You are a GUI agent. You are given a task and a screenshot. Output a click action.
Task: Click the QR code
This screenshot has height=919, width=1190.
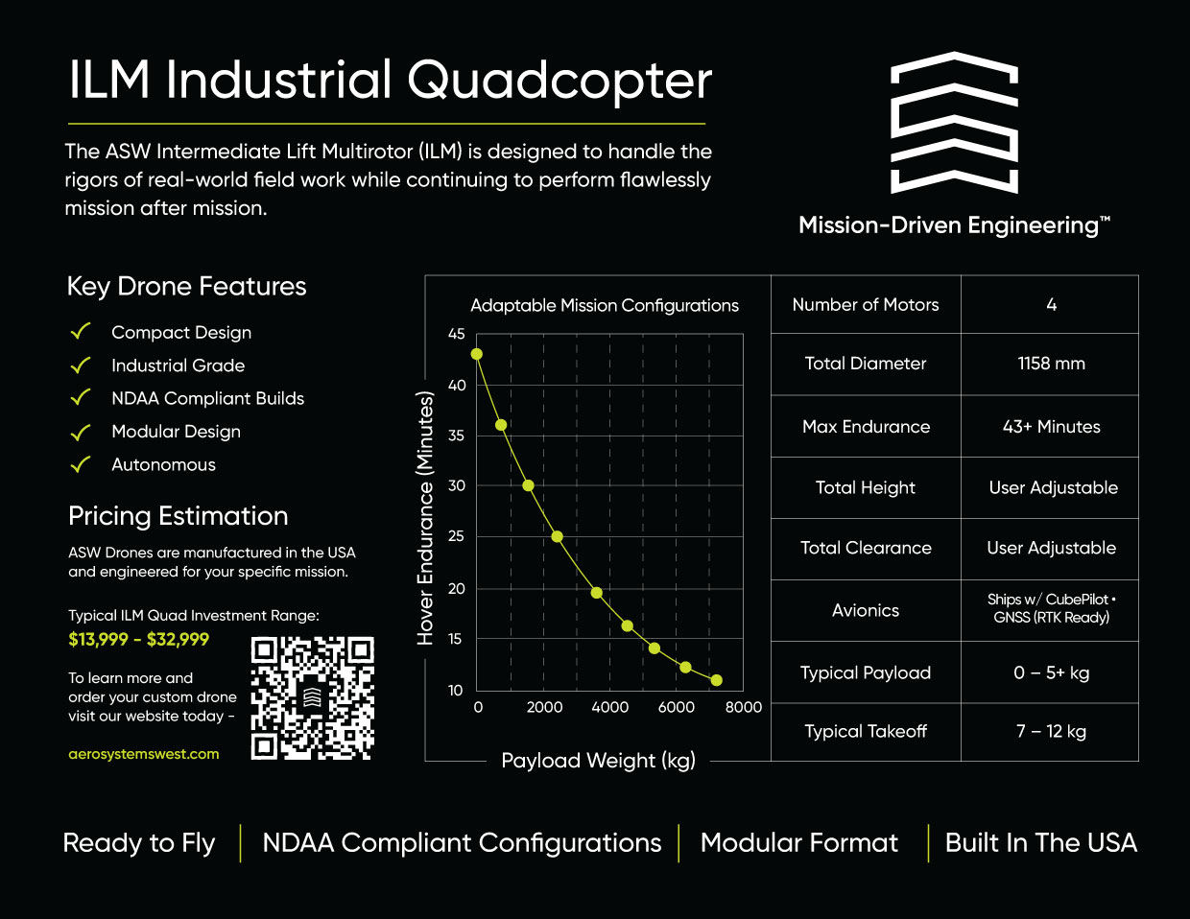point(312,697)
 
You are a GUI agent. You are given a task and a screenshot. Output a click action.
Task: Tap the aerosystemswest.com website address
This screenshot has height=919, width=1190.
point(144,754)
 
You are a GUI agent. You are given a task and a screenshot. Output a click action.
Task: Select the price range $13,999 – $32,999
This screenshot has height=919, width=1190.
point(138,639)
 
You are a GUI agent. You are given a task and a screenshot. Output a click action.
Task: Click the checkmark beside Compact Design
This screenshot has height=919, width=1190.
point(81,331)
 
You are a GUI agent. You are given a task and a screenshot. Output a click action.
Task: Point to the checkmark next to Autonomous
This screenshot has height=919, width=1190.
point(81,464)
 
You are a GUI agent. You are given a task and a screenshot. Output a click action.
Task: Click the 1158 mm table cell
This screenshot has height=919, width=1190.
point(1051,364)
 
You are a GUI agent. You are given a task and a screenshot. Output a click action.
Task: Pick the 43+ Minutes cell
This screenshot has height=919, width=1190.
point(1051,426)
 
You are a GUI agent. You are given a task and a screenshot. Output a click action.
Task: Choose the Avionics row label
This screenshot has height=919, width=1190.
point(866,610)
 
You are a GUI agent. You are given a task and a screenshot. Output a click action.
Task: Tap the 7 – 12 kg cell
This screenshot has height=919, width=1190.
point(1051,731)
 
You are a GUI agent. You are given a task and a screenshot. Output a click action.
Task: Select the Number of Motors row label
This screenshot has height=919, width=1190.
point(866,304)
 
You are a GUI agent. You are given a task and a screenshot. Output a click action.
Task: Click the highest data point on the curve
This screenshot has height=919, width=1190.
point(477,354)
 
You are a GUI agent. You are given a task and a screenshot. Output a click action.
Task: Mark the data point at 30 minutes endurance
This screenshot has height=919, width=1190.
point(528,485)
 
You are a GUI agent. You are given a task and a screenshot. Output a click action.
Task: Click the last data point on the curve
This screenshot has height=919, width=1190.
point(716,680)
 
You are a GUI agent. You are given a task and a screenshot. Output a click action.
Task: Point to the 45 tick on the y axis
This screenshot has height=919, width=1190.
point(457,334)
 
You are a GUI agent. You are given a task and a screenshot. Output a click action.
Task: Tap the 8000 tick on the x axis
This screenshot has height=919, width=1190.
point(743,707)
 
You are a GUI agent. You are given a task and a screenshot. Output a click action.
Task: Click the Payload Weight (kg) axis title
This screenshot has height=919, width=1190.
point(598,761)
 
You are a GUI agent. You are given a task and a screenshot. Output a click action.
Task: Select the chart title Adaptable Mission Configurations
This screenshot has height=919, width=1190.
point(605,305)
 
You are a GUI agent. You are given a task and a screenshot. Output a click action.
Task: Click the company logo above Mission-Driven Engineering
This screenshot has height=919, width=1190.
point(954,123)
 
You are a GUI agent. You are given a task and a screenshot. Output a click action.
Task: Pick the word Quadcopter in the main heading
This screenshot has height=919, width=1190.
point(559,81)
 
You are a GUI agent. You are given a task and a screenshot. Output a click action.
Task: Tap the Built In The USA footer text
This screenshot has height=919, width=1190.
point(1041,843)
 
